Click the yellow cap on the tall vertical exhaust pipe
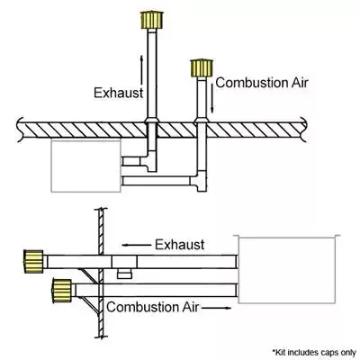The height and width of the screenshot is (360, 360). coord(152,20)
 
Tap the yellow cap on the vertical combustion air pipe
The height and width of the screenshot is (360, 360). coord(202,68)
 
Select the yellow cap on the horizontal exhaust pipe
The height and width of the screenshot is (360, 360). coord(33,262)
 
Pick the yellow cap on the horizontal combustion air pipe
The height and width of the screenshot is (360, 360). coord(62,291)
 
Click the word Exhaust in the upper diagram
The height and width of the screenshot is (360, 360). coord(119,93)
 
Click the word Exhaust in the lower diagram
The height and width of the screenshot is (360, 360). coord(180,245)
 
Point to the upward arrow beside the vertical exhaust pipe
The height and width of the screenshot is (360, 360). coord(141,69)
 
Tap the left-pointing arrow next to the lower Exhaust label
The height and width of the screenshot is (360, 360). coord(137,245)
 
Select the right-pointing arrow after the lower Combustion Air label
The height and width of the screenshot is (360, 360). coord(217,308)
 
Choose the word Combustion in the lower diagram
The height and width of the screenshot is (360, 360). coord(143,307)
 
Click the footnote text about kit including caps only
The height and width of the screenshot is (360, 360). coord(314,352)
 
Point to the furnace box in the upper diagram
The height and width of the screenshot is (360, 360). coord(86,166)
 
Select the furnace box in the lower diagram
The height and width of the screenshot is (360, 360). coord(287,270)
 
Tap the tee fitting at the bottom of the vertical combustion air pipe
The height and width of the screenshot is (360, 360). coord(199,181)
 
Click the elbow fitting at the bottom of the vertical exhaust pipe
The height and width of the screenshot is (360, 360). coord(148,161)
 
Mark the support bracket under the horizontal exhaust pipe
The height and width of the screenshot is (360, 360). coord(89,275)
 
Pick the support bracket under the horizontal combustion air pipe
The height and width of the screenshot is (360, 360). coord(91,305)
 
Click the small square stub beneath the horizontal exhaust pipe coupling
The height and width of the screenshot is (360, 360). coord(123,274)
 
